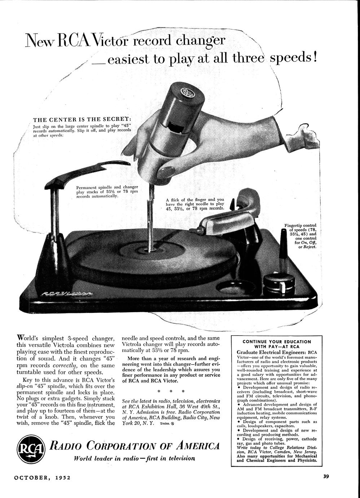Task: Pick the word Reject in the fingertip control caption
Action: [310, 247]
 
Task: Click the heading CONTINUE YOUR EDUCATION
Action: [277, 342]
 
